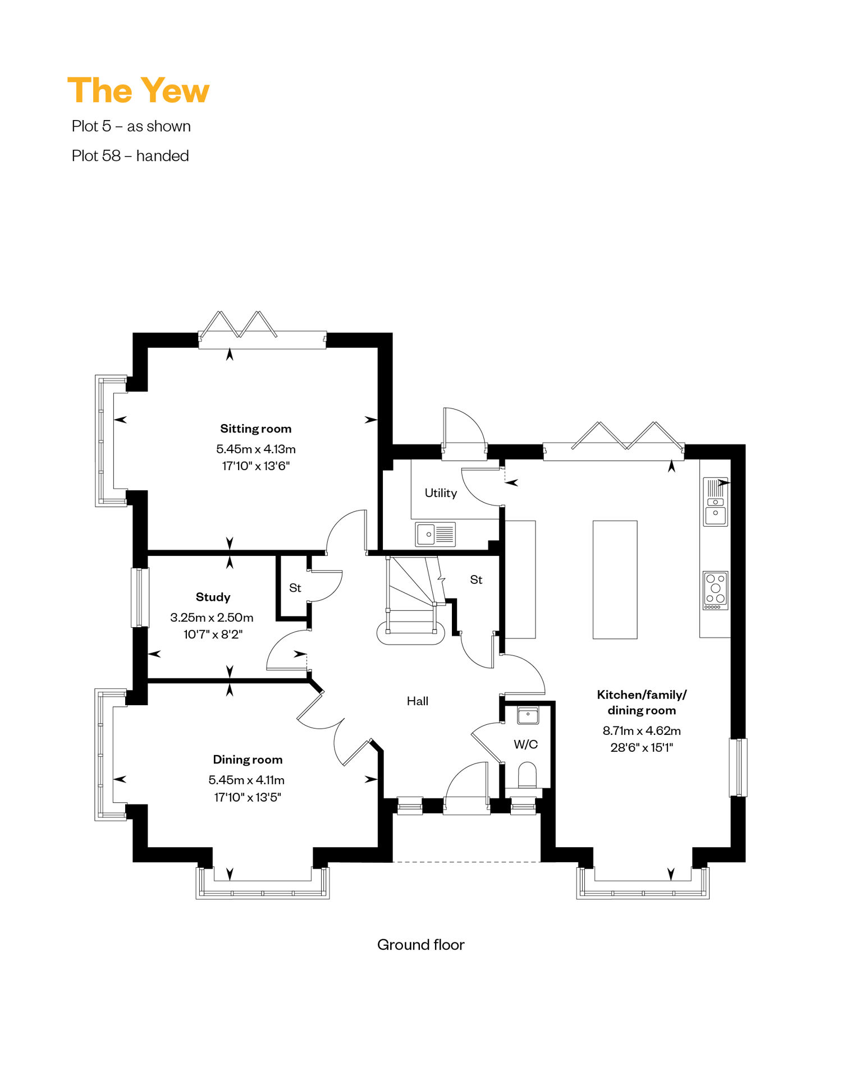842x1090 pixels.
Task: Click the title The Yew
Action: pos(138,91)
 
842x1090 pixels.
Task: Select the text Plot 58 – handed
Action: pos(130,156)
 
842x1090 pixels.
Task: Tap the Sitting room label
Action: pos(256,429)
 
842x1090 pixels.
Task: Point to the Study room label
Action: pos(213,597)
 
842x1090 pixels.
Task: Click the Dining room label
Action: pos(248,760)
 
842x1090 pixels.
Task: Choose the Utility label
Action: pos(441,493)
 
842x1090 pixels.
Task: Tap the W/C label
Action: pos(526,744)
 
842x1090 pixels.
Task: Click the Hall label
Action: pos(418,701)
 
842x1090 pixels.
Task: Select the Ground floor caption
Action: pos(421,945)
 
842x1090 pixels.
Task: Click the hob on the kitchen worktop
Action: pos(716,590)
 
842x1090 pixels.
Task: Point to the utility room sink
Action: pos(436,534)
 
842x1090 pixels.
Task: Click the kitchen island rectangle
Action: pos(615,580)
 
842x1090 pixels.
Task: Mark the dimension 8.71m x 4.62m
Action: pos(642,730)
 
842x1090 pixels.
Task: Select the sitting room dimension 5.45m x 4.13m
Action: pos(256,449)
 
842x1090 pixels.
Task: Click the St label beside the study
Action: pos(295,588)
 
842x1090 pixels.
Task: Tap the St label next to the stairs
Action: pos(476,580)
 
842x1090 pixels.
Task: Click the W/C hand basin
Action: pos(528,715)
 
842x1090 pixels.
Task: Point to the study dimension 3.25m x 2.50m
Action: pos(212,617)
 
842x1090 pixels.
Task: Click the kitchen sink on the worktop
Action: pos(716,502)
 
